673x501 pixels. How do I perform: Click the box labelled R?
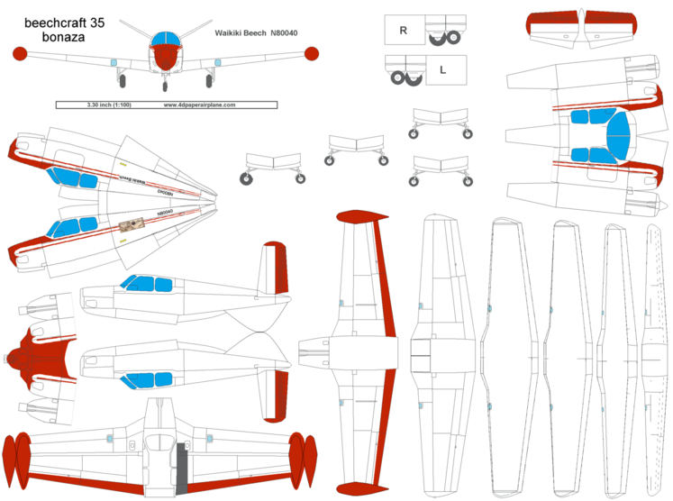pyautogui.click(x=404, y=30)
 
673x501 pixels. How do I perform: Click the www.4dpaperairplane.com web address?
pyautogui.click(x=199, y=105)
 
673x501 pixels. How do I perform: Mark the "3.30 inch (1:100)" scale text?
pyautogui.click(x=108, y=105)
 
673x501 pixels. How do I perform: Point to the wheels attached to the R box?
pyautogui.click(x=444, y=38)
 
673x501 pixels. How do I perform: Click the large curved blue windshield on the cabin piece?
pyautogui.click(x=620, y=137)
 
